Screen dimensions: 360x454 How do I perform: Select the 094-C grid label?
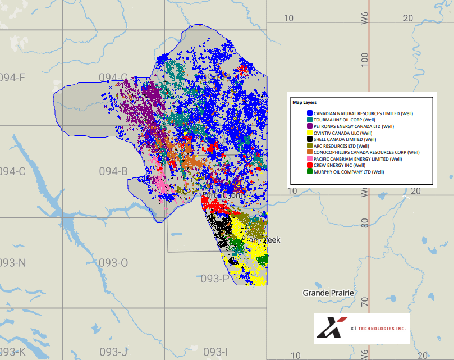click(13, 171)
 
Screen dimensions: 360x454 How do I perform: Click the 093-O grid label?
click(113, 263)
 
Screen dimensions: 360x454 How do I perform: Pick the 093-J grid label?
click(113, 352)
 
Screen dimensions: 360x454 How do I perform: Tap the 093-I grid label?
click(215, 352)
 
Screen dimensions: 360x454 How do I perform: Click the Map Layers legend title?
click(304, 103)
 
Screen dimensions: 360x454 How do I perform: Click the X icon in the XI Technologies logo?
click(328, 328)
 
